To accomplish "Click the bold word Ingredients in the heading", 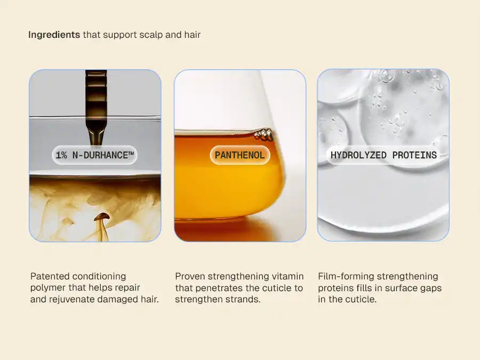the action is [x=54, y=35].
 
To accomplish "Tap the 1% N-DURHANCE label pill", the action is [x=95, y=155].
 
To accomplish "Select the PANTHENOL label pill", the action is [x=239, y=155].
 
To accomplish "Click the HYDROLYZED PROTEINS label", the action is [x=383, y=155].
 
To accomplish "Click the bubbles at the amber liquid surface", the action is [x=264, y=134].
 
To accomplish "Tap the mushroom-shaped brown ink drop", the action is [x=102, y=217].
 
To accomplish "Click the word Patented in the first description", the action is [x=49, y=276].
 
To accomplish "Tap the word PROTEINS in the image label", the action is [x=414, y=155].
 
